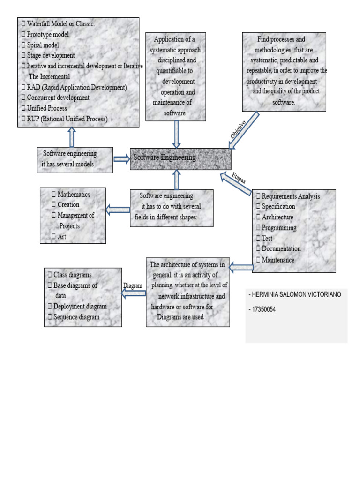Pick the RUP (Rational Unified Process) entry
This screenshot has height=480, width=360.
67,119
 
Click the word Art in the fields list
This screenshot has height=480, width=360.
61,237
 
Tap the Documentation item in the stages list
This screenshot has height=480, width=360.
281,249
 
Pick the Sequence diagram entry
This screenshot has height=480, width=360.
76,317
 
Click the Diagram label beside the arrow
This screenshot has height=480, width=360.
133,285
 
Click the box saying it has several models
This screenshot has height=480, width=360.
75,159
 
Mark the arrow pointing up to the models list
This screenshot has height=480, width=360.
72,137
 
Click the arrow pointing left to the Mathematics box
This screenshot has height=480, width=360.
118,210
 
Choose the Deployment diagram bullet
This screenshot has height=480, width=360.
80,307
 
